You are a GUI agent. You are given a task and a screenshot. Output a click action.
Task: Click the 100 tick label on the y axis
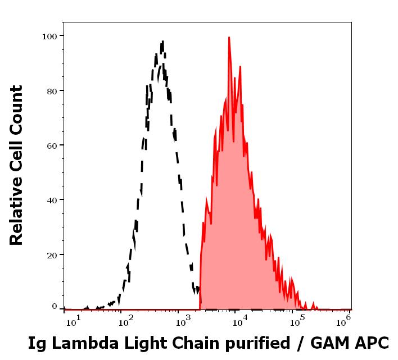coord(49,36)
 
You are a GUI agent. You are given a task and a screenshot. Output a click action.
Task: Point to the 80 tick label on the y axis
coord(52,90)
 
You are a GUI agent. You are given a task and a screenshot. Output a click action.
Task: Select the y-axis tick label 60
coord(52,145)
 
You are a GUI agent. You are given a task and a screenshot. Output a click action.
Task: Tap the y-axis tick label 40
coord(52,200)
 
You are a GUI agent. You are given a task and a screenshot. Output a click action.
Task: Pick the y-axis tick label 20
coord(52,255)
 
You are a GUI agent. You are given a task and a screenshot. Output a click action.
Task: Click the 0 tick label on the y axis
coord(55,307)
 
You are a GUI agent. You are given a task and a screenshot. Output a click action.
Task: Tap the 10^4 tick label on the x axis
coord(239,320)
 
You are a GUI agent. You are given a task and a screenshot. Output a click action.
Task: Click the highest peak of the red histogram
coord(229,38)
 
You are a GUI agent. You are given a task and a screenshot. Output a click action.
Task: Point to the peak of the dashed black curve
coord(162,42)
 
